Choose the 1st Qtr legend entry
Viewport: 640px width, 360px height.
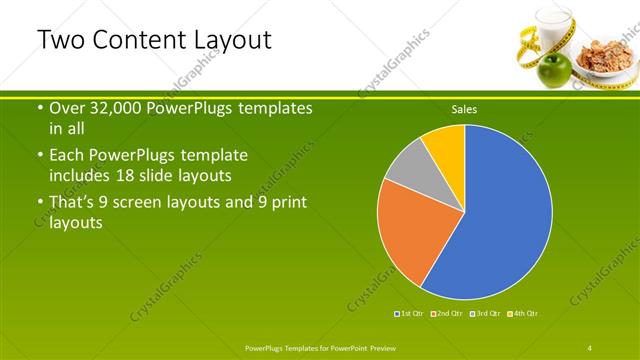(410, 314)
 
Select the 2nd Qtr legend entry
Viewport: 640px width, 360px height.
(446, 314)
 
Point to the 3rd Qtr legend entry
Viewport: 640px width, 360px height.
(484, 314)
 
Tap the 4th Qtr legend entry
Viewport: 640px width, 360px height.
(521, 314)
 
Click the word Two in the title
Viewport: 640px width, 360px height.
(61, 40)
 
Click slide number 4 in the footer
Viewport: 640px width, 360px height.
(591, 346)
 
